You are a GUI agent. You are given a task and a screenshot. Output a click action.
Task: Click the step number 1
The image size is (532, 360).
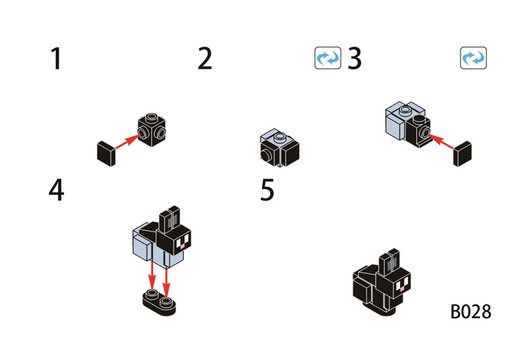56,60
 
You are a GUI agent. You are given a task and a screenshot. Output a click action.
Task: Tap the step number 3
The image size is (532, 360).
355,60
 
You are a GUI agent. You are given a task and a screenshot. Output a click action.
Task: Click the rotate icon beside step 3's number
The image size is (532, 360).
328,58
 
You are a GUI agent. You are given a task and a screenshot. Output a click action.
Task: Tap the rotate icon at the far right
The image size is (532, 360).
473,58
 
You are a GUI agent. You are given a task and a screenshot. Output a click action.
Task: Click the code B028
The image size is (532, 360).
471,312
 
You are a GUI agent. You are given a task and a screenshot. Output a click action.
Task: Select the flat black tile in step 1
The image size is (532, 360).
107,153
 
